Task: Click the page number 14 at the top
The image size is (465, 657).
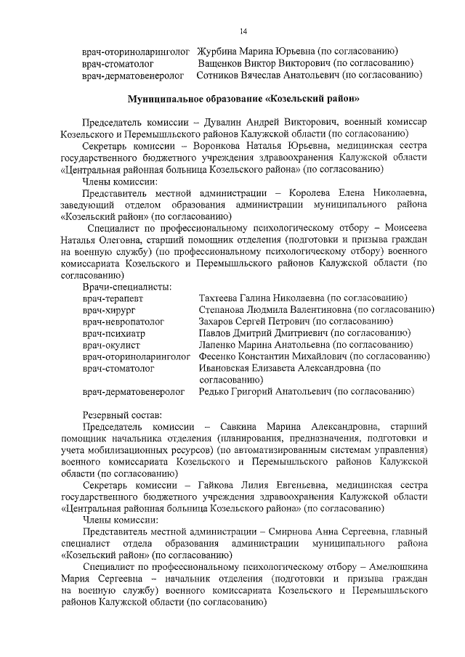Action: click(243, 30)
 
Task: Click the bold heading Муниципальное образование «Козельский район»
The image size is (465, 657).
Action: click(243, 98)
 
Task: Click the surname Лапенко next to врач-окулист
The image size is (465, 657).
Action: click(219, 345)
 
